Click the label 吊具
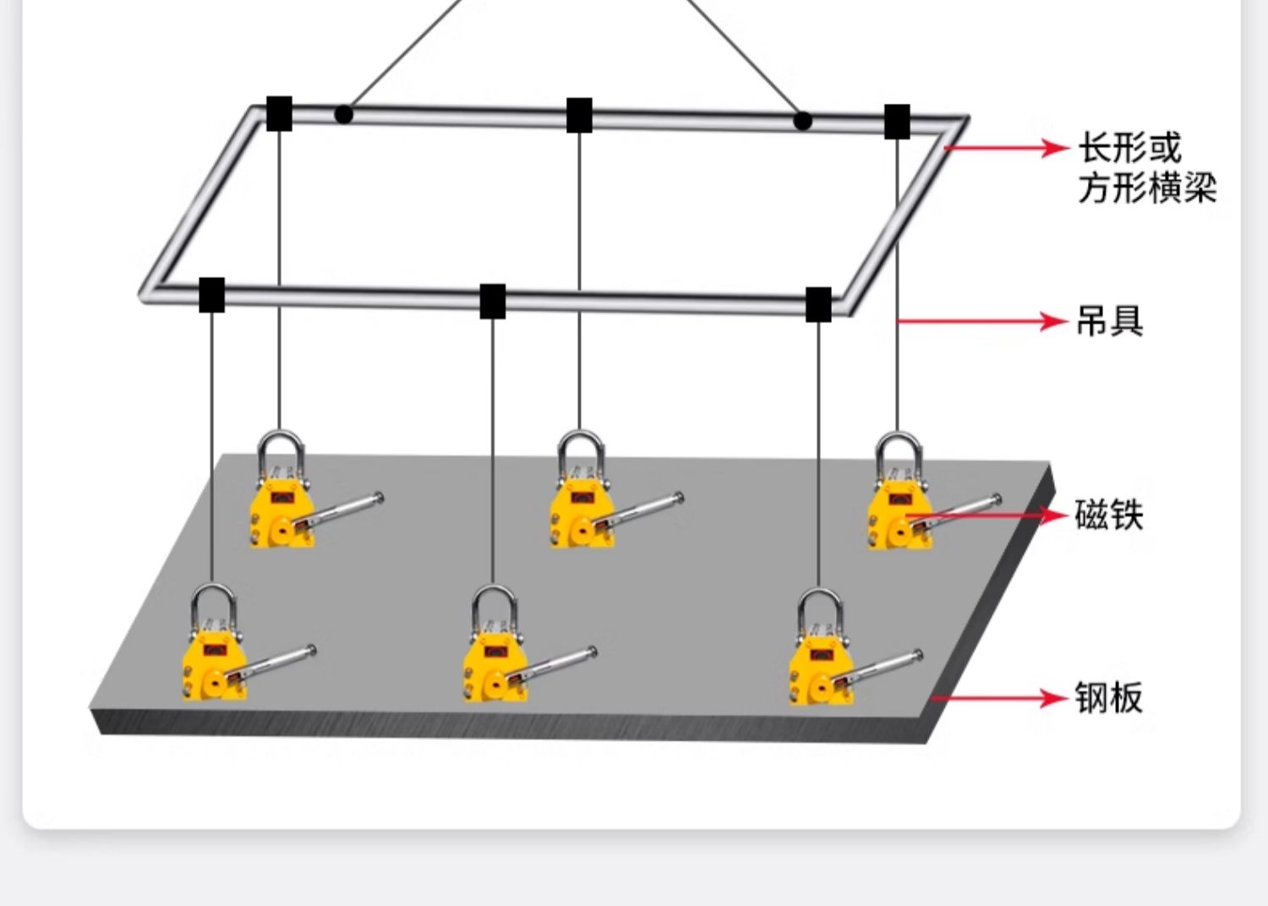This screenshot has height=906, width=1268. click(1109, 321)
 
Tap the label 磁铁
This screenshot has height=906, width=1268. click(1109, 515)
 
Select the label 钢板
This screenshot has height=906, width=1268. click(1109, 698)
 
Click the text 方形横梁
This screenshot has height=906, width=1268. click(1147, 187)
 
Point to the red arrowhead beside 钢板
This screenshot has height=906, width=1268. click(1054, 698)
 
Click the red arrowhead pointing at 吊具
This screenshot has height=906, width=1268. click(1054, 321)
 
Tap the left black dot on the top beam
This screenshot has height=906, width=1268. click(343, 113)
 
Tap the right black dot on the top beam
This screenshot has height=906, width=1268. click(802, 122)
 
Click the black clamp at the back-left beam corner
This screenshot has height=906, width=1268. click(279, 113)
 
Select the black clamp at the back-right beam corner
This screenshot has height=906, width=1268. click(897, 122)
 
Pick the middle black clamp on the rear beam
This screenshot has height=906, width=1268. click(579, 116)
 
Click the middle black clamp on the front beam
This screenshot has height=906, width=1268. click(492, 302)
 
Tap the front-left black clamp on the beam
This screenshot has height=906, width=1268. click(211, 295)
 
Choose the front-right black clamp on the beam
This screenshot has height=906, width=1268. click(818, 305)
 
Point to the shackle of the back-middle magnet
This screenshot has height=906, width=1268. click(580, 449)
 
